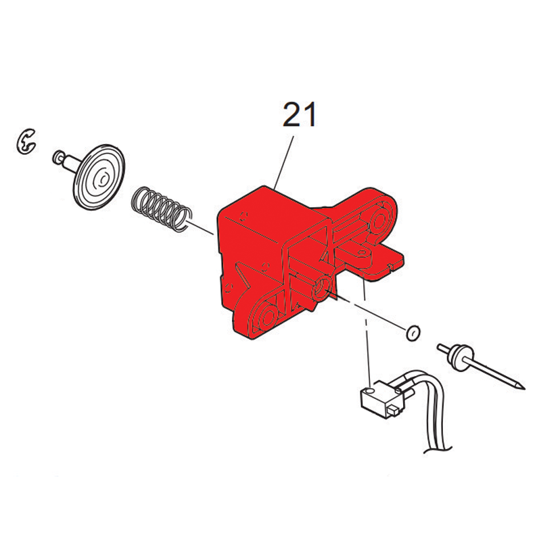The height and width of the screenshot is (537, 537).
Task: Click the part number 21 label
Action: point(300,115)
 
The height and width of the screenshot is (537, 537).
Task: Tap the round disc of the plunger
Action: point(99,177)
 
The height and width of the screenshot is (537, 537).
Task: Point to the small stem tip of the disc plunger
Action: point(57,156)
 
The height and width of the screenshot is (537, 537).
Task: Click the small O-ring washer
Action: point(413,332)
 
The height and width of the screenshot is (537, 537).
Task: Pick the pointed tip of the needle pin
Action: point(523,389)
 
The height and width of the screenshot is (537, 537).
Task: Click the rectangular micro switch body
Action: point(380,398)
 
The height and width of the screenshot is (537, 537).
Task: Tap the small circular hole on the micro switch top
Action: point(369,390)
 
